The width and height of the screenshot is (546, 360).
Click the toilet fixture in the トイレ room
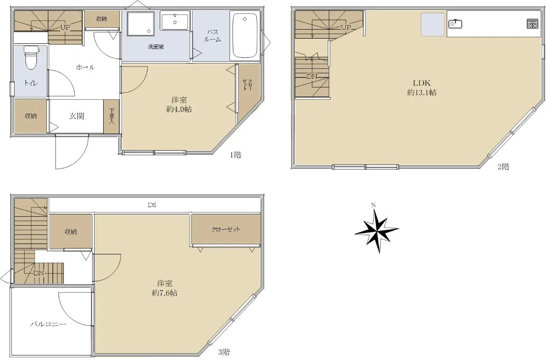(x=31, y=57)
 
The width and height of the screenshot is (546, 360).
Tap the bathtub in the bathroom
(x=245, y=35)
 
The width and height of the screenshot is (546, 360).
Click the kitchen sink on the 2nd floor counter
(x=455, y=24)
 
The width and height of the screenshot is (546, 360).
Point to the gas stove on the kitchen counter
(x=532, y=24)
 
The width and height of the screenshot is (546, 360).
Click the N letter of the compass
(x=373, y=205)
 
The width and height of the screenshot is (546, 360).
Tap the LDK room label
(x=422, y=83)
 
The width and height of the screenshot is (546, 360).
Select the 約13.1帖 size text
(x=422, y=93)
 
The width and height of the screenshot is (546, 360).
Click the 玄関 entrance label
(x=77, y=116)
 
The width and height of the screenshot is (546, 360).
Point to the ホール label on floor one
(x=85, y=67)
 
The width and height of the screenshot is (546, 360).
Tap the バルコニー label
(x=48, y=324)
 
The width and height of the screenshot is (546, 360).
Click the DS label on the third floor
(x=152, y=205)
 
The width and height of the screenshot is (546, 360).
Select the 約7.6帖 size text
(x=165, y=293)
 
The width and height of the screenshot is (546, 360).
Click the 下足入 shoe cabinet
(x=111, y=116)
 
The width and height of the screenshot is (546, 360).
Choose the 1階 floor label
(x=236, y=155)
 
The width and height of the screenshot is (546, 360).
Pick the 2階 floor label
(x=504, y=167)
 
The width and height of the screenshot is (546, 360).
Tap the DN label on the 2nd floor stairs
(x=312, y=76)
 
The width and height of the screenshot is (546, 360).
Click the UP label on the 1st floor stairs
(x=65, y=28)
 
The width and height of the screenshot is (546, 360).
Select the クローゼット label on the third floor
(x=226, y=229)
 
